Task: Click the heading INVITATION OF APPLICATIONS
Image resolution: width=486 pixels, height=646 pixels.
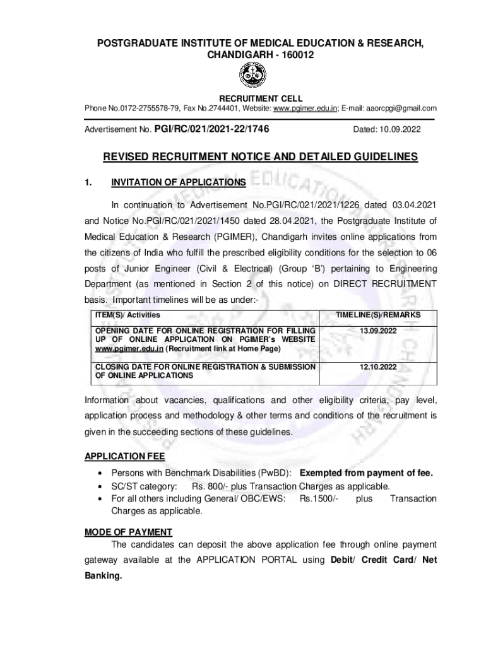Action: click(179, 183)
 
